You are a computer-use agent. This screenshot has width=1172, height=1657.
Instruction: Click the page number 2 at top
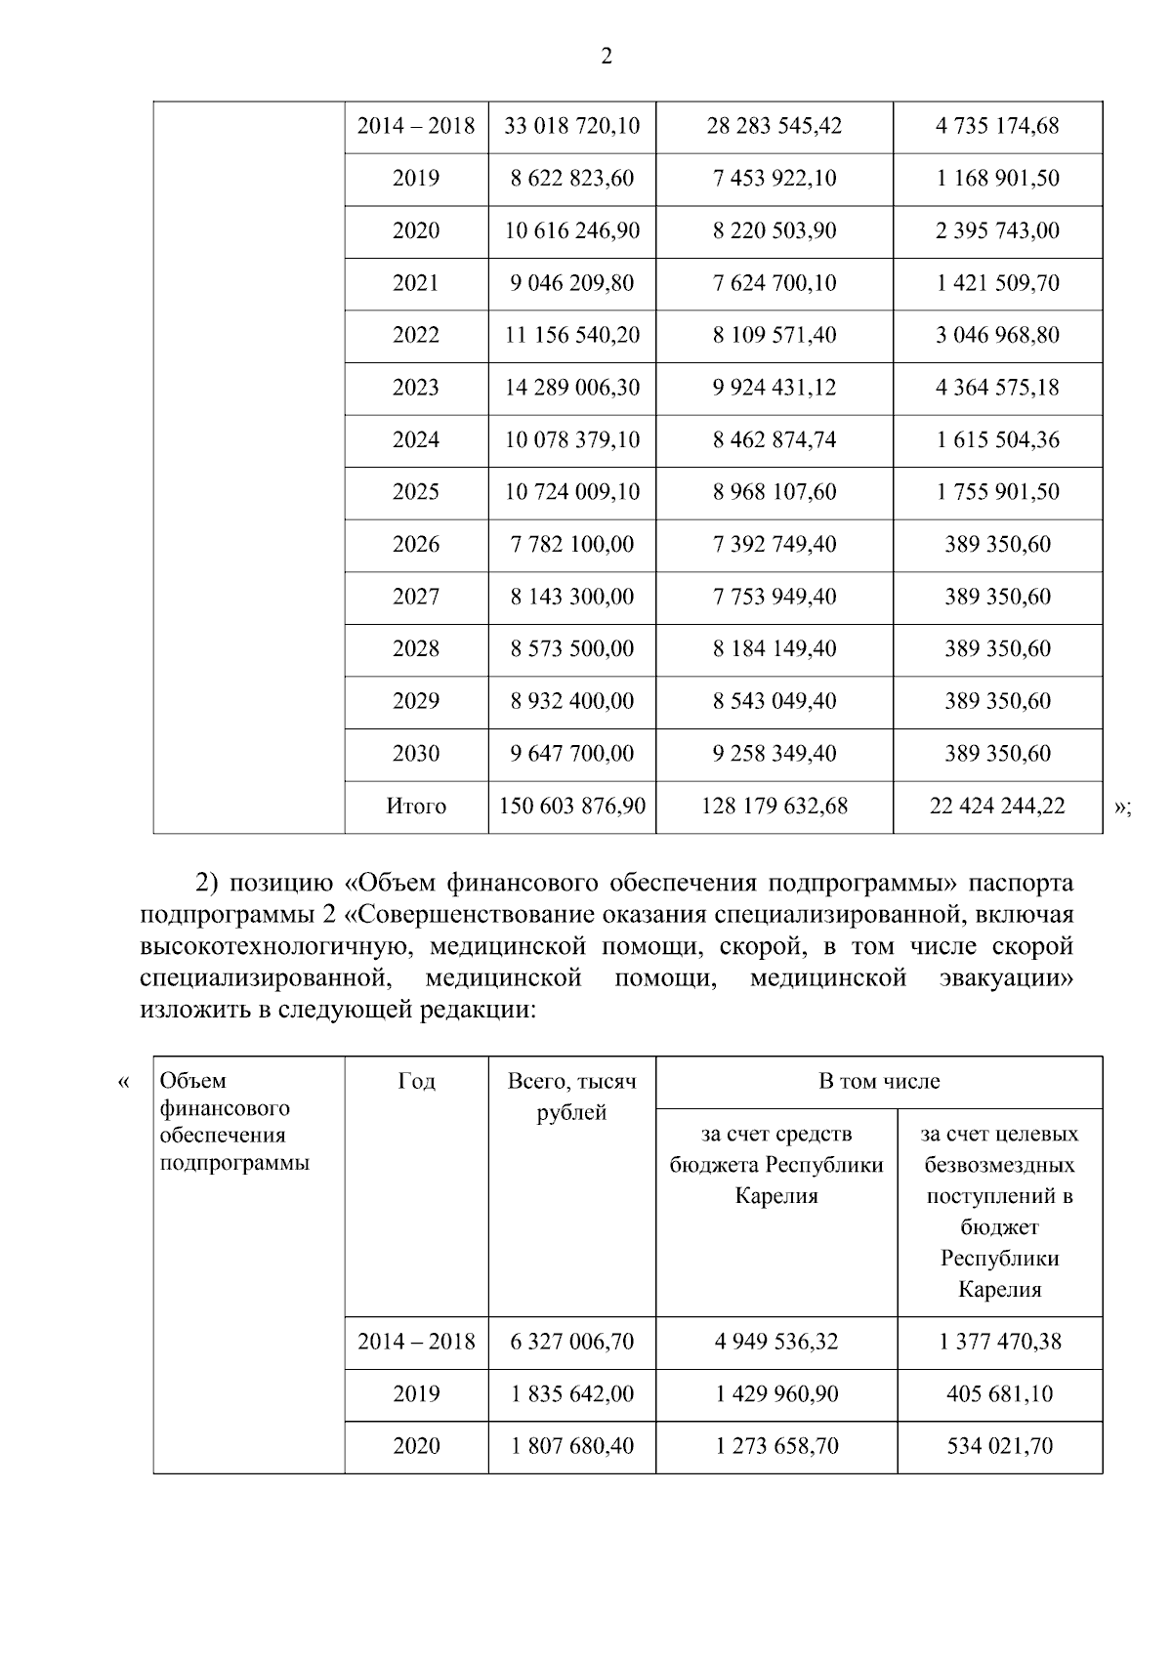point(606,57)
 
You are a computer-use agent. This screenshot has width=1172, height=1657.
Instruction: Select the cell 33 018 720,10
point(571,126)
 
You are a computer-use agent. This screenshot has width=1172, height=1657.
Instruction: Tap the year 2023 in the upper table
point(416,388)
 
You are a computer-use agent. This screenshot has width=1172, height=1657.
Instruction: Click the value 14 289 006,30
point(571,388)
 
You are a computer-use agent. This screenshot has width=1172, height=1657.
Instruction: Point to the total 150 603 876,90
point(571,807)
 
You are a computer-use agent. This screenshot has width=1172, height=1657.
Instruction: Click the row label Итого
point(416,807)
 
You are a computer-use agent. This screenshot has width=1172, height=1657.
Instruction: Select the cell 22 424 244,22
point(997,807)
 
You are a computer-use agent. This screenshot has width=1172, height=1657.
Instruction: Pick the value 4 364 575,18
point(997,388)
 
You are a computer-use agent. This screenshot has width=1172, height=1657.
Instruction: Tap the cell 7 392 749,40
point(774,545)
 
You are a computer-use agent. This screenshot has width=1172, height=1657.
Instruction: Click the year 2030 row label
point(416,754)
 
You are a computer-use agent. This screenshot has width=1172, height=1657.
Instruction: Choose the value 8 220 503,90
point(774,231)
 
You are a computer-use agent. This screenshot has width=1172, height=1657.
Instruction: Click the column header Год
point(416,1081)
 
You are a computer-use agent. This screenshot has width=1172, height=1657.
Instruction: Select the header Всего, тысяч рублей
point(571,1097)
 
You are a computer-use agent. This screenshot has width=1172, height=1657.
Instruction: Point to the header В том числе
point(879,1081)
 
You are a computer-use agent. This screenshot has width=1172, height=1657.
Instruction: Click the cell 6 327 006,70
point(571,1342)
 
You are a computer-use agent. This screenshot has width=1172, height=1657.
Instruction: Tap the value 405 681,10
point(999,1394)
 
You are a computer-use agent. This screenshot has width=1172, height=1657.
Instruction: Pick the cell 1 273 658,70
point(776,1446)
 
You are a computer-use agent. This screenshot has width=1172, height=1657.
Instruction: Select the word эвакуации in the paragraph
point(1006,977)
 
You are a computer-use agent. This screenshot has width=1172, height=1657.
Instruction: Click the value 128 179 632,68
point(774,807)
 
